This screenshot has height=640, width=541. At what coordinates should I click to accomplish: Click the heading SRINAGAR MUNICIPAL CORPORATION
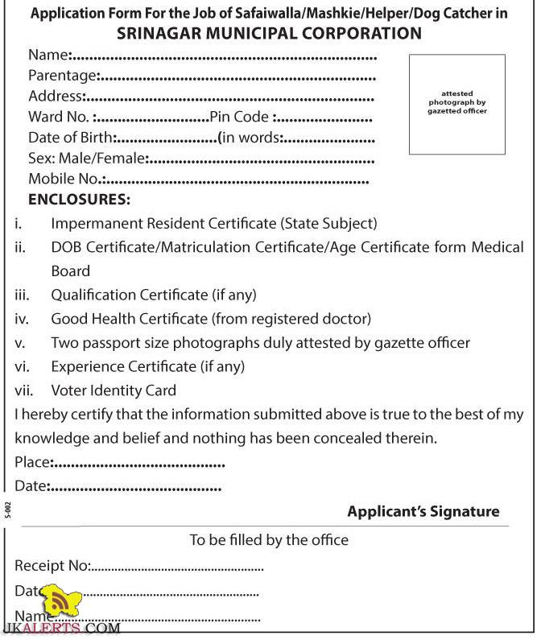pyautogui.click(x=269, y=33)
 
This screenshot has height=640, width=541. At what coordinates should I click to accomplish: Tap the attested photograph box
pyautogui.click(x=456, y=104)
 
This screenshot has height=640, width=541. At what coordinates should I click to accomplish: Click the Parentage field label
pyautogui.click(x=63, y=76)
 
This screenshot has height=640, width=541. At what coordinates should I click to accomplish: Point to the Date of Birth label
pyautogui.click(x=71, y=138)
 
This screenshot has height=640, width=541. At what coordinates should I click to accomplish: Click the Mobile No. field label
pyautogui.click(x=64, y=179)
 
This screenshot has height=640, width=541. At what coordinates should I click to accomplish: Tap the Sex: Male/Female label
pyautogui.click(x=86, y=158)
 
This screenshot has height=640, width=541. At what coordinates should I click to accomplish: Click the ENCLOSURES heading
pyautogui.click(x=79, y=200)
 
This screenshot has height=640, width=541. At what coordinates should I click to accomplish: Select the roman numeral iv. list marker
pyautogui.click(x=22, y=319)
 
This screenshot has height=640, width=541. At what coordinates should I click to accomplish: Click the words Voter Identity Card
pyautogui.click(x=114, y=391)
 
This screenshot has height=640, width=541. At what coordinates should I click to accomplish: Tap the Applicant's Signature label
pyautogui.click(x=423, y=512)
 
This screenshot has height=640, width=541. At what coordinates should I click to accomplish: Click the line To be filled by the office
pyautogui.click(x=269, y=540)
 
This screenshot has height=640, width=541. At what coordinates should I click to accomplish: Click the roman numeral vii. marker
pyautogui.click(x=23, y=391)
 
